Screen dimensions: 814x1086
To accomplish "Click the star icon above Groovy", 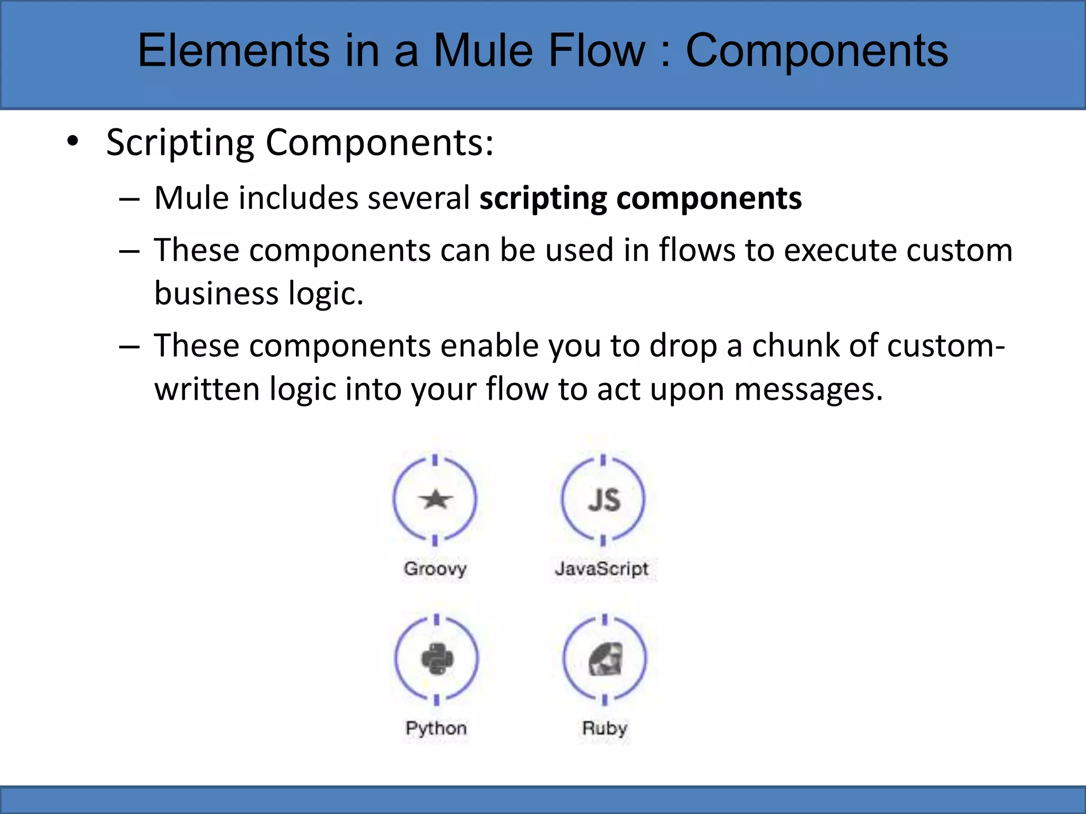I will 435,499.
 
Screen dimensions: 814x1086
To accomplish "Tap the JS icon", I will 603,500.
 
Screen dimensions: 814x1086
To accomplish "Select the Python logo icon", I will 437,659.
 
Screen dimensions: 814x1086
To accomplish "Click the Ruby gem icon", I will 606,659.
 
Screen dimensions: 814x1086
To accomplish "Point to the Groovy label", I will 435,569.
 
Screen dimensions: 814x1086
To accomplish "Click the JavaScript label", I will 601,569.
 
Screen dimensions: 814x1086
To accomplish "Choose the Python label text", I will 436,728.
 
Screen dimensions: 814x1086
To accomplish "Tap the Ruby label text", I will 605,728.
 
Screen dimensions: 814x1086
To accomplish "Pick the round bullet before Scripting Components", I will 73,141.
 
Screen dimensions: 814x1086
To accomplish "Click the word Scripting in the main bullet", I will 180,143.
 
